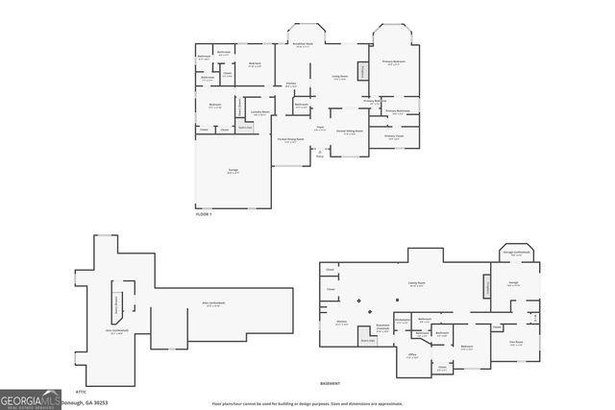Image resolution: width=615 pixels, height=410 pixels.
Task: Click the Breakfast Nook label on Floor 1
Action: (x=304, y=45)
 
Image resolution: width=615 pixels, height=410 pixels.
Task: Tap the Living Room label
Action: (x=340, y=78)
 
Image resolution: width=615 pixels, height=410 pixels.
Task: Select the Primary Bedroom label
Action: (x=394, y=63)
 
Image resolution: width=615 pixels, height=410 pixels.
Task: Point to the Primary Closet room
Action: (x=394, y=137)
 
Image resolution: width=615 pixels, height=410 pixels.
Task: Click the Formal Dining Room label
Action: (x=291, y=140)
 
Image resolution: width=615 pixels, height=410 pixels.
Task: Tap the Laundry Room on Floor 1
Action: (x=259, y=113)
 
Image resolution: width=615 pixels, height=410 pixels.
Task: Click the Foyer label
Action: (x=319, y=128)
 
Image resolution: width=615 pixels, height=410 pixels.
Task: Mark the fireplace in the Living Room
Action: (x=362, y=71)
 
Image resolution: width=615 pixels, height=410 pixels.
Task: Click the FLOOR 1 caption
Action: (x=203, y=214)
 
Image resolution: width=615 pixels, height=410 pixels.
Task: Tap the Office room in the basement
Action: (x=411, y=356)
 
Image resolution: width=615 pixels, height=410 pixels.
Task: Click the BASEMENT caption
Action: (x=331, y=384)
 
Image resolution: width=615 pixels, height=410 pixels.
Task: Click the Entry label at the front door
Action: (x=319, y=154)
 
